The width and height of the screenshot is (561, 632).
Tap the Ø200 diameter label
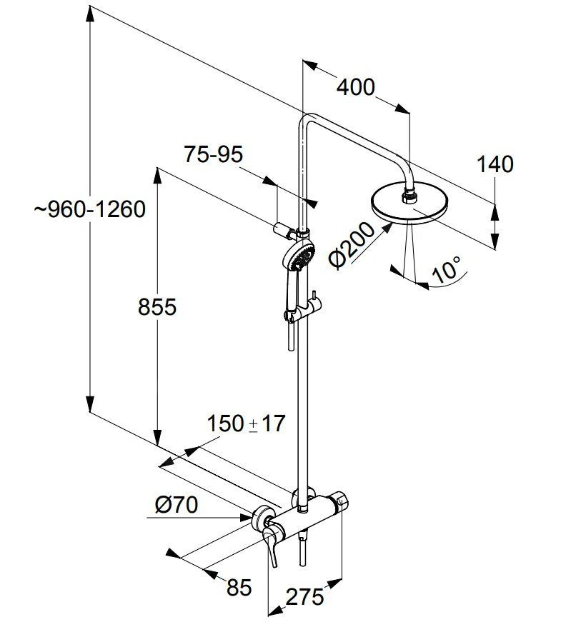click(352, 245)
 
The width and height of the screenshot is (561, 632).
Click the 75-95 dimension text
click(214, 154)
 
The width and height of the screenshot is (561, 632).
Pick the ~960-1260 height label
click(89, 209)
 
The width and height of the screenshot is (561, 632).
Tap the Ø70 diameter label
click(176, 505)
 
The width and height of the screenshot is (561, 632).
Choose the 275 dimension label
click(304, 596)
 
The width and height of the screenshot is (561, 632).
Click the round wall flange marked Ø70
click(264, 516)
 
